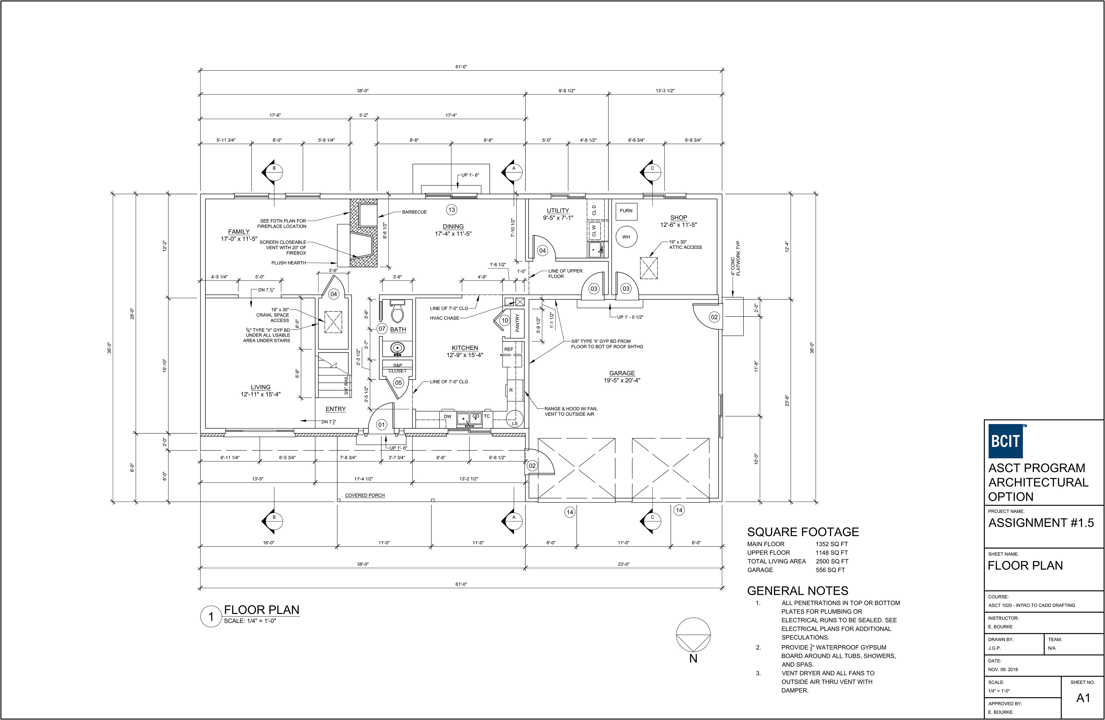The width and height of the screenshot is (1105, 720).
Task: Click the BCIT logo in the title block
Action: coord(1005,441)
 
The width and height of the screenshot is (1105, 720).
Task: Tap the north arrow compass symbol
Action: coord(693,635)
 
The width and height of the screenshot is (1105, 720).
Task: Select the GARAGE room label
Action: coord(622,373)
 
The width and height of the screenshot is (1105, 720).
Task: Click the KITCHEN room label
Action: coord(465,348)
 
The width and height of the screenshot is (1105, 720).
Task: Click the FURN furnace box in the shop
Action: coord(626,211)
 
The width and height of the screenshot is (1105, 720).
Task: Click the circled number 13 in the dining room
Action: coord(451,210)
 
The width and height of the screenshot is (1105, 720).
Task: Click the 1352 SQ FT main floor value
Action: coord(832,544)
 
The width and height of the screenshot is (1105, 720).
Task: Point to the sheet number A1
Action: coord(1083,698)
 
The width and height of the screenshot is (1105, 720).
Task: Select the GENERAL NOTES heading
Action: coord(798,591)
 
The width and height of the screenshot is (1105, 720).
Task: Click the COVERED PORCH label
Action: coord(365,495)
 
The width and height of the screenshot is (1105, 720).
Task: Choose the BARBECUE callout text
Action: coord(414,212)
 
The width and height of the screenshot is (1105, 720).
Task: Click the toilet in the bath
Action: coord(397,311)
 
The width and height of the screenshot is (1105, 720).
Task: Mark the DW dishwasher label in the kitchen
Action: coord(447,416)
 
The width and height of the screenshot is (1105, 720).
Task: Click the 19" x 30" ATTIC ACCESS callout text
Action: coord(685,245)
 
